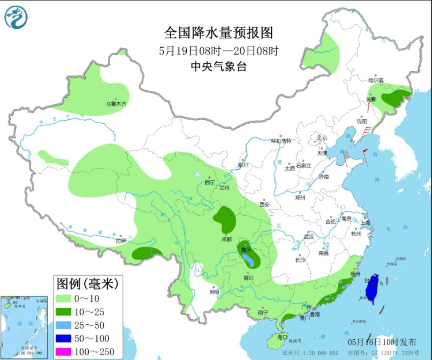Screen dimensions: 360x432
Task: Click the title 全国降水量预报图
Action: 218,33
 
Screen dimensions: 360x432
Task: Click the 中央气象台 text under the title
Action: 218,66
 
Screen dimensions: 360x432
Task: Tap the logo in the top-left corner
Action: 16,17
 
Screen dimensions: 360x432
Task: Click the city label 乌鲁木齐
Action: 116,104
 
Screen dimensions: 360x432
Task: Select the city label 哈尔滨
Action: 376,80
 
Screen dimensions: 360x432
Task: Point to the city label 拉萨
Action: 120,241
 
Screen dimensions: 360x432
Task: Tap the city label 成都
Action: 226,239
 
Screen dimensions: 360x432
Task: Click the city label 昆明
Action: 214,292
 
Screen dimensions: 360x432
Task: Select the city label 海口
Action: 282,337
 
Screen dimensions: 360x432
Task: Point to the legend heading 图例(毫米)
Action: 87,283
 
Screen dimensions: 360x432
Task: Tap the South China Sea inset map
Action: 25,327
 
